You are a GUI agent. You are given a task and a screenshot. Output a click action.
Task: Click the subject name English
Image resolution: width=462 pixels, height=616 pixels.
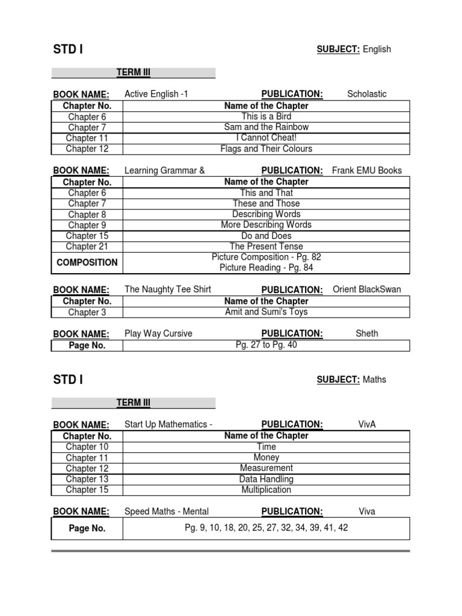pyautogui.click(x=377, y=49)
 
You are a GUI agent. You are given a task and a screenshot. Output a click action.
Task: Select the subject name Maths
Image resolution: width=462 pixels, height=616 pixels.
pyautogui.click(x=374, y=380)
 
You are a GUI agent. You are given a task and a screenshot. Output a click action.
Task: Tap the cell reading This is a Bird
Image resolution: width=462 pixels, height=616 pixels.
pyautogui.click(x=266, y=116)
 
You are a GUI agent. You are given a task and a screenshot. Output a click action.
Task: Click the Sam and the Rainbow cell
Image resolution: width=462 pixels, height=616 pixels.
pyautogui.click(x=266, y=127)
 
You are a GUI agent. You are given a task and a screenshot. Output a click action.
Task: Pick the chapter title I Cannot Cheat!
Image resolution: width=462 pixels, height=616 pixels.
pyautogui.click(x=266, y=138)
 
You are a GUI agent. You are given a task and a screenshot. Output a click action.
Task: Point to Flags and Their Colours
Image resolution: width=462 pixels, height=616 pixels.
pyautogui.click(x=266, y=149)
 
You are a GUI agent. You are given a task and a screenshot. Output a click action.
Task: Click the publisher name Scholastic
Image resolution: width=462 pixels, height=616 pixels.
pyautogui.click(x=367, y=94)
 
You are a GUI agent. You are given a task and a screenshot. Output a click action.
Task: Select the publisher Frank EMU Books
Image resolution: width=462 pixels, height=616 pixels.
pyautogui.click(x=367, y=170)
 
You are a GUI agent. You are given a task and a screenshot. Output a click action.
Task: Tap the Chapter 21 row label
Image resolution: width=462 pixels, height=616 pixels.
pyautogui.click(x=87, y=247)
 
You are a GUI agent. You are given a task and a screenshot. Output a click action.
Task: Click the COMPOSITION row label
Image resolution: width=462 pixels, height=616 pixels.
pyautogui.click(x=87, y=262)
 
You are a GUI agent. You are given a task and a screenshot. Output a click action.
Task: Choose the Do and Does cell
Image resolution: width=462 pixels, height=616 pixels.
pyautogui.click(x=266, y=236)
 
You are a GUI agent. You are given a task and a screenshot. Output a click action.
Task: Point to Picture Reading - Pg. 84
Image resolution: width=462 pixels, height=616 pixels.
pyautogui.click(x=266, y=268)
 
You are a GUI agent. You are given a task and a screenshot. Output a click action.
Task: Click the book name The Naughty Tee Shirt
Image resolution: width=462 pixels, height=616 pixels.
pyautogui.click(x=168, y=289)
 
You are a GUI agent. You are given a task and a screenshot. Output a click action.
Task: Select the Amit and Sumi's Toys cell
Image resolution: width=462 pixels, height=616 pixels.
pyautogui.click(x=266, y=312)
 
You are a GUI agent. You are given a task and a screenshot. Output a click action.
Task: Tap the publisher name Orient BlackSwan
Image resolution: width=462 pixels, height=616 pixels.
pyautogui.click(x=367, y=289)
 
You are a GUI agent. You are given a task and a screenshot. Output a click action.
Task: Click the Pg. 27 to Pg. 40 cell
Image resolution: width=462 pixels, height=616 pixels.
pyautogui.click(x=266, y=345)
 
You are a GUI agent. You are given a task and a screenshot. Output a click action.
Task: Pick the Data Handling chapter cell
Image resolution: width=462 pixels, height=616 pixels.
pyautogui.click(x=266, y=479)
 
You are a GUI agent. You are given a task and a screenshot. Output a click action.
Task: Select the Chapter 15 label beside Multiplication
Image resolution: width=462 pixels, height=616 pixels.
pyautogui.click(x=87, y=490)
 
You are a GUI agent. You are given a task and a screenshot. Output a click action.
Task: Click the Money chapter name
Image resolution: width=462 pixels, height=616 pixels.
pyautogui.click(x=266, y=457)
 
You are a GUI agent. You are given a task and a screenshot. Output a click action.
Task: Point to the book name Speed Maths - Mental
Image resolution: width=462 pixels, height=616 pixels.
pyautogui.click(x=167, y=511)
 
